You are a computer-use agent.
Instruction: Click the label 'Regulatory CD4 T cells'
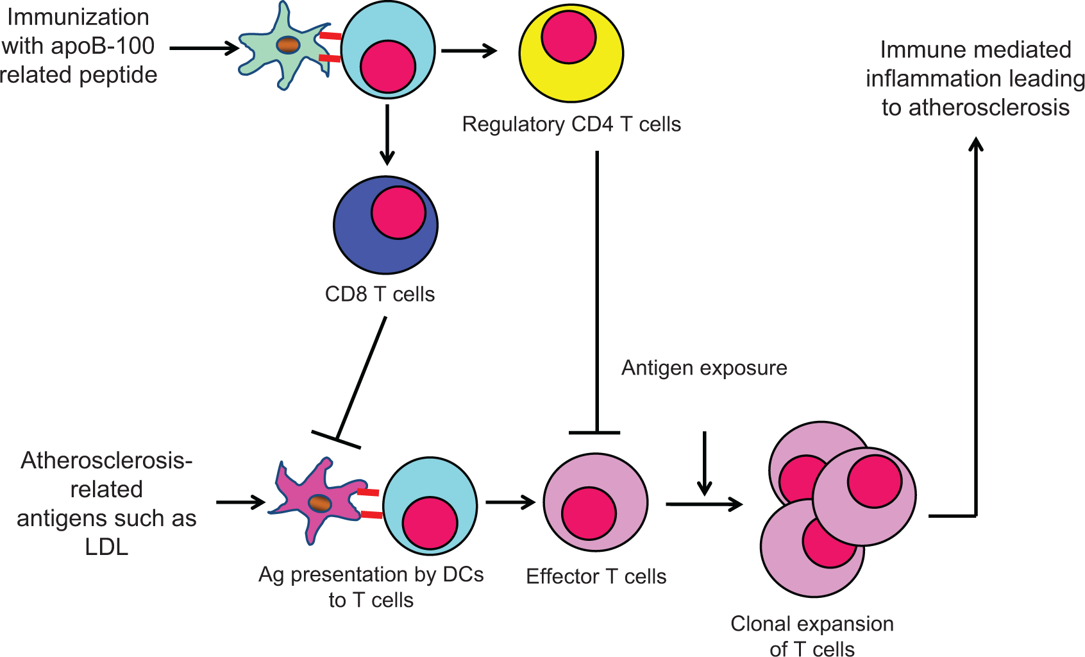571,124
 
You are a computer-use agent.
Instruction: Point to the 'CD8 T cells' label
380,294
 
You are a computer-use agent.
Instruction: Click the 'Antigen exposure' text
704,368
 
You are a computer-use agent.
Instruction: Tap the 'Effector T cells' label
596,576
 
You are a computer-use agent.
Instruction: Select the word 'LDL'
106,547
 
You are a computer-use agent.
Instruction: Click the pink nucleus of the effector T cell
589,513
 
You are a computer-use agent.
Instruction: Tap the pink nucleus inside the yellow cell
569,36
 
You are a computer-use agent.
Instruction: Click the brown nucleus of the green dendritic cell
289,45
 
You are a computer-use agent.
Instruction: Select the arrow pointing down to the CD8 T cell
387,135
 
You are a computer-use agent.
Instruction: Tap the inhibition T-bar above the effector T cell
594,432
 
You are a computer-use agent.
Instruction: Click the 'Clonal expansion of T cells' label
812,636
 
